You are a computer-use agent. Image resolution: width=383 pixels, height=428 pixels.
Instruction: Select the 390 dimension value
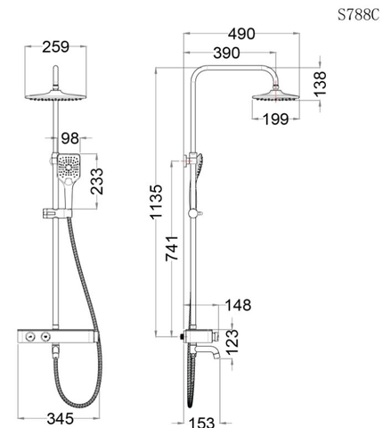pos(223,54)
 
